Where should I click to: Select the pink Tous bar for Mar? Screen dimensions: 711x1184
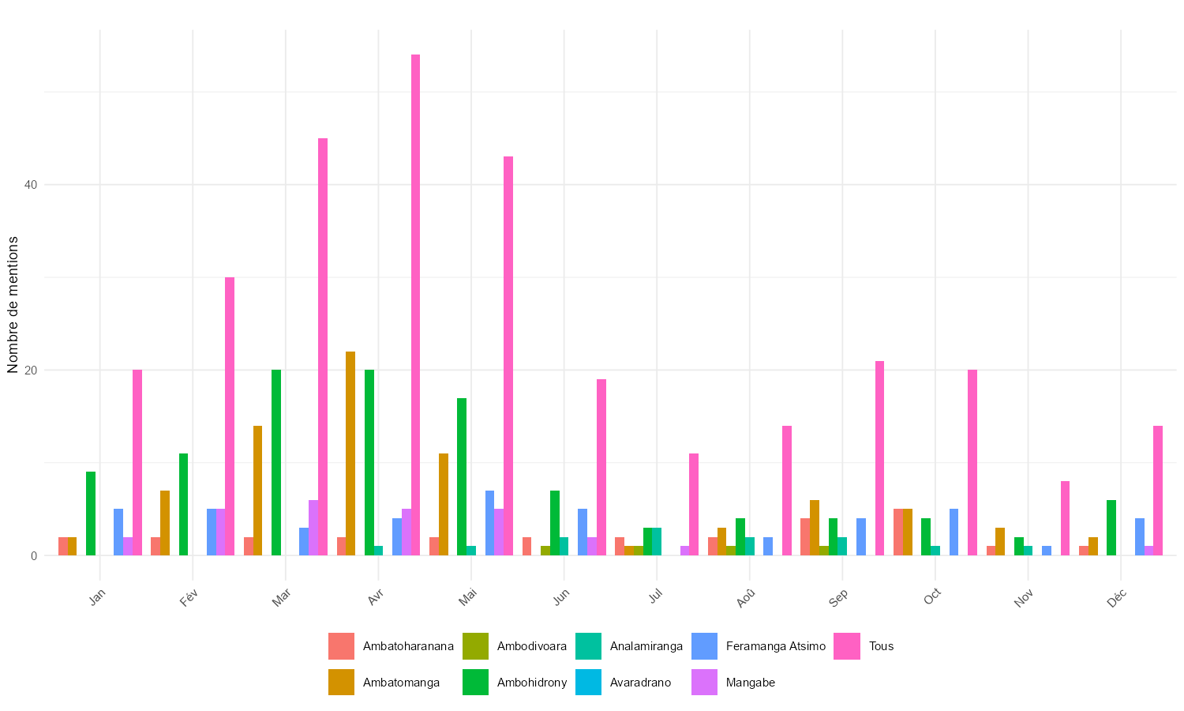click(323, 347)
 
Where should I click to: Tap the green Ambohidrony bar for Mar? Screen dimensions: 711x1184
click(276, 462)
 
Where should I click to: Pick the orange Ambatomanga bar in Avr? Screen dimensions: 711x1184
click(350, 453)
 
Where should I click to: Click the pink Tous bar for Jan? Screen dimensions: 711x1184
click(137, 462)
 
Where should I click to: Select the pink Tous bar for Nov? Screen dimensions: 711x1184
click(1065, 518)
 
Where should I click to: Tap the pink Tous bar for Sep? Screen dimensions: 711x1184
click(879, 458)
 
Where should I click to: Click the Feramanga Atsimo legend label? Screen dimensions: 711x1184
click(775, 646)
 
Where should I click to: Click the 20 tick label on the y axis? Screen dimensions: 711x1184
click(31, 371)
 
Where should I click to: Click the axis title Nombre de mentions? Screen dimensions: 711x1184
click(13, 304)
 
